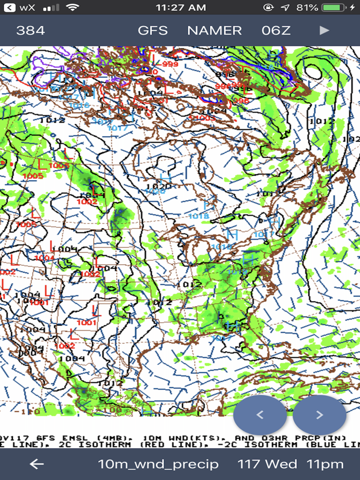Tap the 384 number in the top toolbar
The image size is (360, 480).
click(x=30, y=30)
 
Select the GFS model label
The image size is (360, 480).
click(x=153, y=30)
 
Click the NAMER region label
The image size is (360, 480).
click(x=214, y=30)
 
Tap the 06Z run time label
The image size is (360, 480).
click(x=276, y=30)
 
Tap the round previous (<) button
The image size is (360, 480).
click(x=260, y=415)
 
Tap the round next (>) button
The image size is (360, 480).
click(x=319, y=415)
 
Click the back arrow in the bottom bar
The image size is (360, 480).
click(x=37, y=464)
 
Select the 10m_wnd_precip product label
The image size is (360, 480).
click(x=158, y=464)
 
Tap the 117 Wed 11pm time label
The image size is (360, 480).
click(x=291, y=464)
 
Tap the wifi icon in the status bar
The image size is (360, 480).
click(x=73, y=8)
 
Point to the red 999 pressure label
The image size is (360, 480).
click(x=170, y=64)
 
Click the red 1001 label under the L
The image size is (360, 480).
click(x=86, y=322)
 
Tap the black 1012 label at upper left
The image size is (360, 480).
click(x=51, y=120)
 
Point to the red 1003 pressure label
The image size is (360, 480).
click(x=205, y=118)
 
